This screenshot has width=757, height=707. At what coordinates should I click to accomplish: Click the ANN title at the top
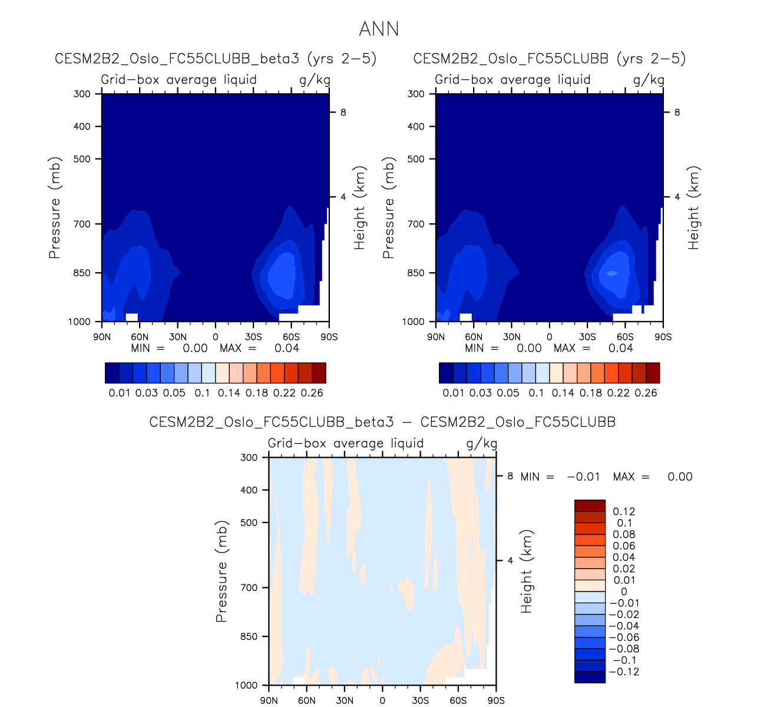click(379, 29)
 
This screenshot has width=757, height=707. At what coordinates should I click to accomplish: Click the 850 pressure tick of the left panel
click(82, 273)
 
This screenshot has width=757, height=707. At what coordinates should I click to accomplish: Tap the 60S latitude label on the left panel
click(291, 337)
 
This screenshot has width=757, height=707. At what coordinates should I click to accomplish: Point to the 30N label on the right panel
click(511, 337)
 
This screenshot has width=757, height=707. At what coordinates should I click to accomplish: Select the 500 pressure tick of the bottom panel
click(249, 523)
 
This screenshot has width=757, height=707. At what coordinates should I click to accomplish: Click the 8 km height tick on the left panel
click(343, 113)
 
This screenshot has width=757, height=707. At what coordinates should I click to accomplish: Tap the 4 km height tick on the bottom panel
click(510, 560)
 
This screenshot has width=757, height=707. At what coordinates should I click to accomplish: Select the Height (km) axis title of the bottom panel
click(526, 571)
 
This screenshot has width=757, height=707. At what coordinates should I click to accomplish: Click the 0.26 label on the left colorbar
click(312, 393)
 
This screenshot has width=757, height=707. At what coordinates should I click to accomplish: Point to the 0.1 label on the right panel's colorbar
click(536, 393)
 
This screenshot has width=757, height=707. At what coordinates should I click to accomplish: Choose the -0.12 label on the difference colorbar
click(624, 672)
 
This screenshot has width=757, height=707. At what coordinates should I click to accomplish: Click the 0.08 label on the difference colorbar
click(624, 534)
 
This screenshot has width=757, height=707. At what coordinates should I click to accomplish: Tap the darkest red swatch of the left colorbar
click(319, 373)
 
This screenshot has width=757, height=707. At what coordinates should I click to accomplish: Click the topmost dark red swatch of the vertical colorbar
click(590, 506)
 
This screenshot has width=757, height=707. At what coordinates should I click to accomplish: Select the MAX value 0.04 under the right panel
click(620, 348)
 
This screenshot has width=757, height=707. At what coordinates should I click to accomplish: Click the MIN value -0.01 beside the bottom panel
click(583, 477)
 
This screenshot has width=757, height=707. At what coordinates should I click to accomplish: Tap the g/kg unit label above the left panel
click(315, 80)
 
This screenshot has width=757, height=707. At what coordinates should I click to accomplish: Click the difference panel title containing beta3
click(382, 422)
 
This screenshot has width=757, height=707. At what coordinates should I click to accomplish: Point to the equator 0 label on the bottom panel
click(382, 701)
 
